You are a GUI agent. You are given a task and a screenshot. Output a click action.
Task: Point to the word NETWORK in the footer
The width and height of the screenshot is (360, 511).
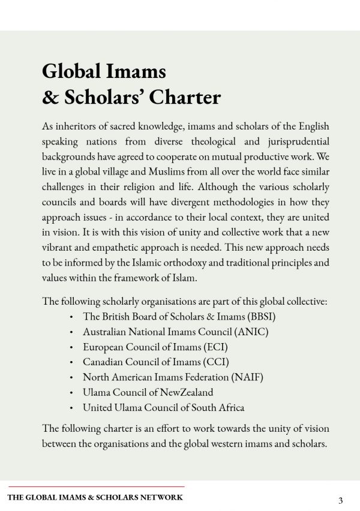[163, 497]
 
